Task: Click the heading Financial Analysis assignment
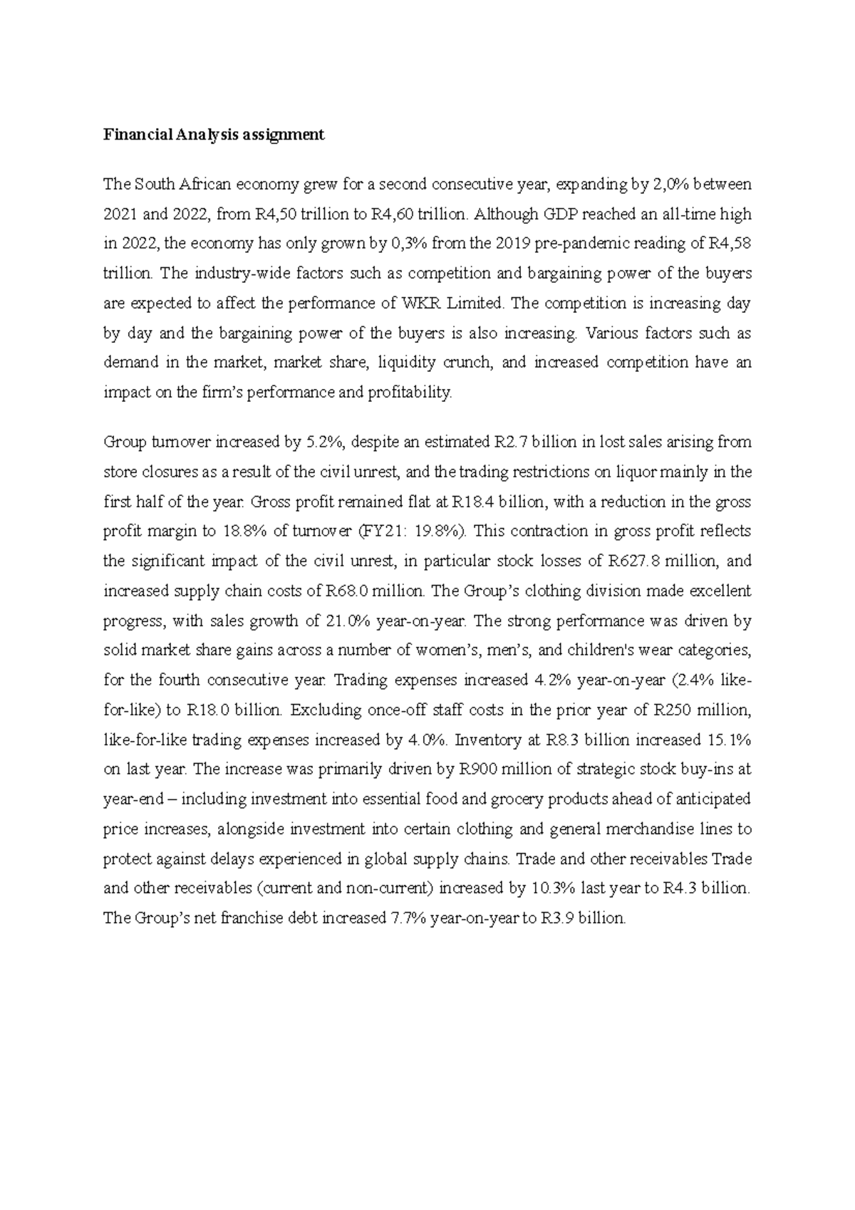214,135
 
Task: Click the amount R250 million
702,710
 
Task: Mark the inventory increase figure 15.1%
730,740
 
